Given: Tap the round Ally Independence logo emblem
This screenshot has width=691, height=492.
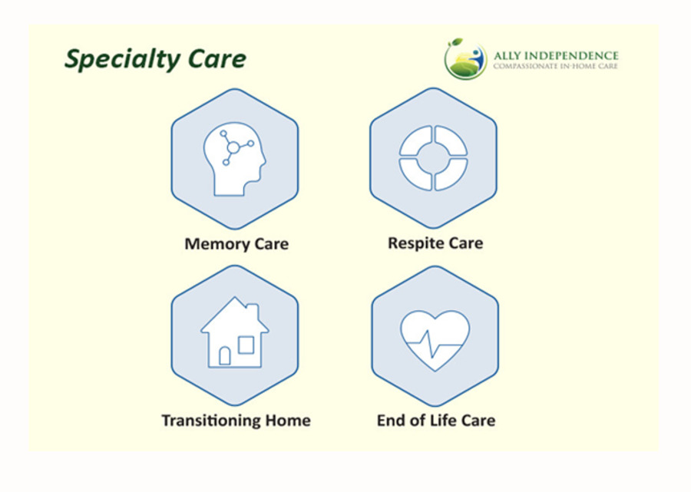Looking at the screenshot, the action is pos(465,59).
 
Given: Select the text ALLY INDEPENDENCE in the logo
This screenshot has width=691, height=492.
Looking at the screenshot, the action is pos(556,55).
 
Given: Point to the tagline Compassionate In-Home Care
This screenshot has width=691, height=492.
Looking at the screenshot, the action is pos(555,66).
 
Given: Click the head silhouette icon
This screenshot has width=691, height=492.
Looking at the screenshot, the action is pos(235,159).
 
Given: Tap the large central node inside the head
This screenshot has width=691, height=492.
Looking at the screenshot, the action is pos(233,147).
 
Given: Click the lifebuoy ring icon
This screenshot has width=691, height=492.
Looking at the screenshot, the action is pos(433,158).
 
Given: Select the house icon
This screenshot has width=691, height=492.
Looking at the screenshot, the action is pos(235,332).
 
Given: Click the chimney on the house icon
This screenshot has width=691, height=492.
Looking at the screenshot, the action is pos(252,311).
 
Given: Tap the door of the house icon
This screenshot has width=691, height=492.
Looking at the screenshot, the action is pos(225,355).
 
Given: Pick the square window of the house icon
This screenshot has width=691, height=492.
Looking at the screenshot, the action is pos(246,345).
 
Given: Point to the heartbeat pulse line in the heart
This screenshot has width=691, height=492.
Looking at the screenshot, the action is pos(435,344).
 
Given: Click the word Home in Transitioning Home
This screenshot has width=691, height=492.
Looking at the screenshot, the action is pos(288,421).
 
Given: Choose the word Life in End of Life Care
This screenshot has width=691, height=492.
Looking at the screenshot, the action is pos(442,421).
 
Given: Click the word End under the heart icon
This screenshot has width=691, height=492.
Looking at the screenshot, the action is pos(390,421).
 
